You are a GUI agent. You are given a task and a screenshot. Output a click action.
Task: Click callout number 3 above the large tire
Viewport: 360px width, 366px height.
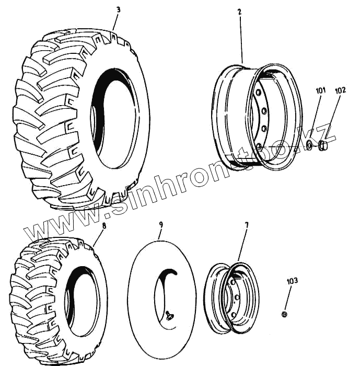(x=118, y=9)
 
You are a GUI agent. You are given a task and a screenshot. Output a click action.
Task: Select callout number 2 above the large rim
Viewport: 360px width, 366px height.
(x=239, y=10)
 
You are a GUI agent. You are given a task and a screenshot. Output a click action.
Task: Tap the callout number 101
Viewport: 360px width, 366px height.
(x=320, y=90)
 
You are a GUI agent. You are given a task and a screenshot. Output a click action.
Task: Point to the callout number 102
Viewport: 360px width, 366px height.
(x=340, y=90)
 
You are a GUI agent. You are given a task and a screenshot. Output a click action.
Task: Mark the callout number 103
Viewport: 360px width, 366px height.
(x=292, y=281)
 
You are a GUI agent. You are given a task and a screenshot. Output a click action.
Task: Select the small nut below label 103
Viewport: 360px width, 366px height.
(x=284, y=314)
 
